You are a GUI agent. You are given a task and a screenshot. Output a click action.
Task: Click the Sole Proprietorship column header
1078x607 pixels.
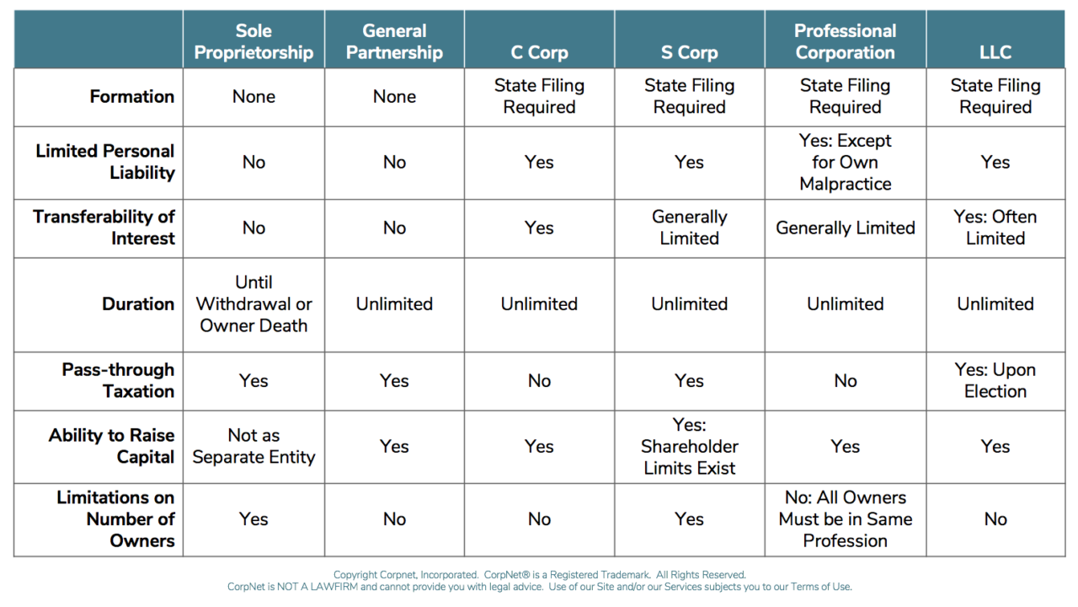[x=253, y=41]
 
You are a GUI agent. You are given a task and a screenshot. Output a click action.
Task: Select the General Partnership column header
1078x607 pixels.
[x=394, y=41]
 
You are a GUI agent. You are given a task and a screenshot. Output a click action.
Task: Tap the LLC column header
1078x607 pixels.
[x=995, y=52]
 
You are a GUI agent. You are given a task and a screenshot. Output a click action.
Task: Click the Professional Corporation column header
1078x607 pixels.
[x=845, y=41]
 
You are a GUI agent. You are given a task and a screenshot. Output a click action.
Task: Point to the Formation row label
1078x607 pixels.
[x=132, y=96]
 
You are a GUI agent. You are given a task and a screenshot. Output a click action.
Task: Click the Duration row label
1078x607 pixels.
[x=138, y=303]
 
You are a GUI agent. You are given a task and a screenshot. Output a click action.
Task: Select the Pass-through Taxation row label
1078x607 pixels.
[x=118, y=380]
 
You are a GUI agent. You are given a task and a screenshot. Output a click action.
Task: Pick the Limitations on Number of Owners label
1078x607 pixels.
[x=115, y=518]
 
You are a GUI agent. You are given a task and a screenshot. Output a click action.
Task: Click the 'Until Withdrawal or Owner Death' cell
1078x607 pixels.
[x=253, y=303]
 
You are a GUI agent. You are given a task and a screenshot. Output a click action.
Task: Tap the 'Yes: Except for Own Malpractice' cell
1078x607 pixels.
[x=845, y=162]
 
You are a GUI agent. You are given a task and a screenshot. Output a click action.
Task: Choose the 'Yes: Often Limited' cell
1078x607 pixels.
[x=995, y=228]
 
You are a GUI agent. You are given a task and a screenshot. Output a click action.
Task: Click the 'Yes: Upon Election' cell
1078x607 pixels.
[x=995, y=380]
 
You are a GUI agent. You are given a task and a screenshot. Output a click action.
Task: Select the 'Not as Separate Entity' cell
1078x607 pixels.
[x=253, y=446]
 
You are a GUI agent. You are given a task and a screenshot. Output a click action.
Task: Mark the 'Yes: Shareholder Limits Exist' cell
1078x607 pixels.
[x=689, y=446]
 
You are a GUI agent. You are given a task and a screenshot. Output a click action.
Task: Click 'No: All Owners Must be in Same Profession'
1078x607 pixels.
[x=845, y=518]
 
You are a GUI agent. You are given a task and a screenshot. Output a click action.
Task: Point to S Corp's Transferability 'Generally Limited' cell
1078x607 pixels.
[x=689, y=228]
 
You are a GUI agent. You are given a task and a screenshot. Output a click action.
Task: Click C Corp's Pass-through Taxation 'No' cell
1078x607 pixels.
[x=539, y=380]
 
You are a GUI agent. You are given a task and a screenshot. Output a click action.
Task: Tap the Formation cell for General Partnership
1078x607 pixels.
[x=394, y=96]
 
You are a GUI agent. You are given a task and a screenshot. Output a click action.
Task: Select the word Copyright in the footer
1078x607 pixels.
[x=355, y=575]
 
